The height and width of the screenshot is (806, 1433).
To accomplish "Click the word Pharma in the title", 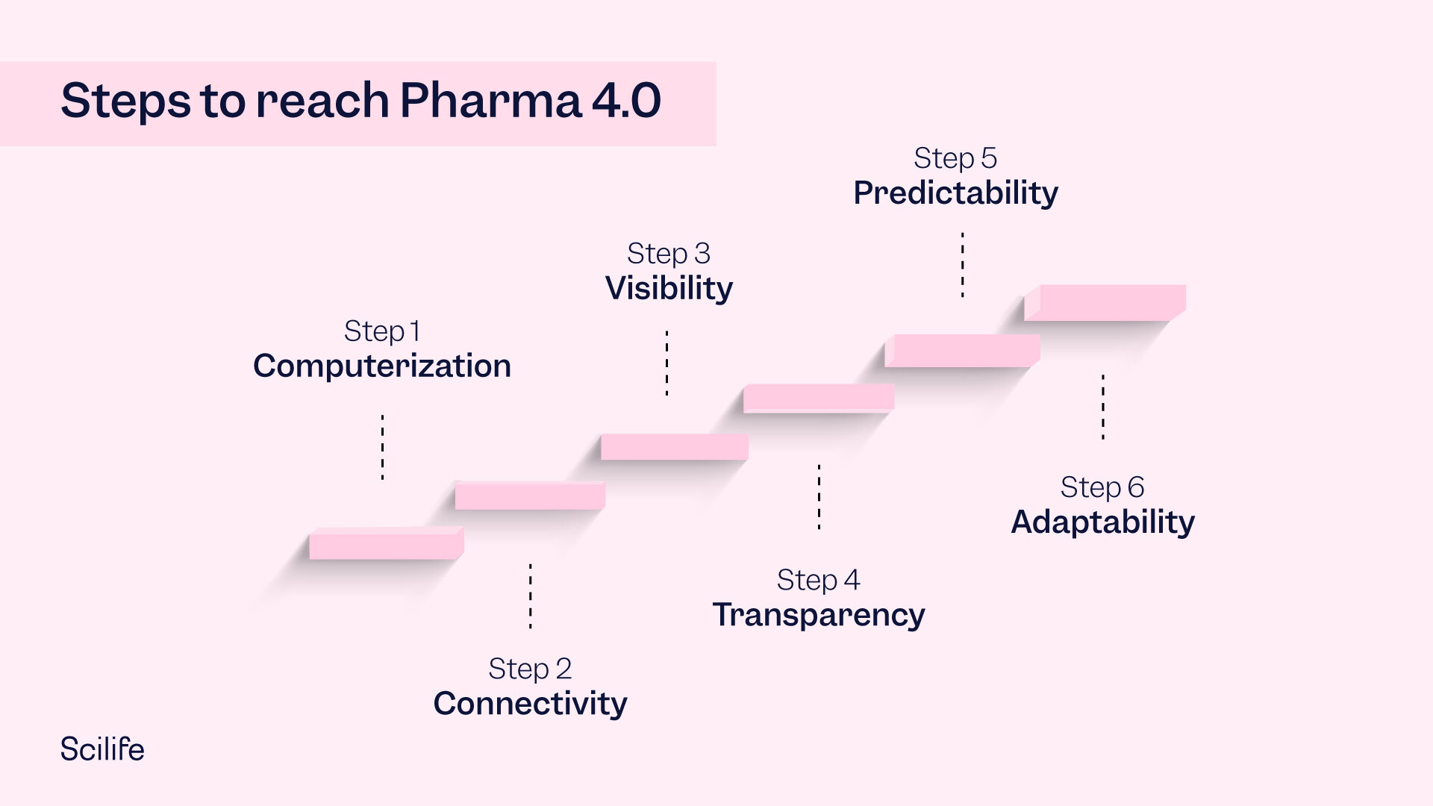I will (x=490, y=101).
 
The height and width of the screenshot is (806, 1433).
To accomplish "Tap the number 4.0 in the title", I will (x=626, y=101).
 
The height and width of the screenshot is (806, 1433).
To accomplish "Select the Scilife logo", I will (x=102, y=749).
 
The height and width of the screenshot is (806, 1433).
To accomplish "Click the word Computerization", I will (x=382, y=366).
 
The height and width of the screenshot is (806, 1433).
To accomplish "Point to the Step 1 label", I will (x=382, y=331).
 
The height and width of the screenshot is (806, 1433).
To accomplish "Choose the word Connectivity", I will (x=530, y=703).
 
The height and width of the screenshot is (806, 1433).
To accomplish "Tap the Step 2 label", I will (x=530, y=668).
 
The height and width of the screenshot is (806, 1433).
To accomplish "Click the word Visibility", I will (x=669, y=288).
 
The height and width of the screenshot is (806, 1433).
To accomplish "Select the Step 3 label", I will (x=669, y=254).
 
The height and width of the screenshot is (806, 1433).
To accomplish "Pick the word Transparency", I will (x=819, y=615).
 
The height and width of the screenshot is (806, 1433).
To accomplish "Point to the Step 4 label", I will (x=819, y=580).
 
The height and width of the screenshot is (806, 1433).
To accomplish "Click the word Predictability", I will (x=955, y=193).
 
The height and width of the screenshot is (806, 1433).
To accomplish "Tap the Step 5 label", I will (x=955, y=158).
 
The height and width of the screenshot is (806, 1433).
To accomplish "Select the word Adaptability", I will (x=1102, y=522).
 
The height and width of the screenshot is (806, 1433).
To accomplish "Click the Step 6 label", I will (x=1102, y=487).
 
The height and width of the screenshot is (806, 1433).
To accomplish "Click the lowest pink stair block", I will (x=385, y=545).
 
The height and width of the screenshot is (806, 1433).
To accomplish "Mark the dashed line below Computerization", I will (x=383, y=447).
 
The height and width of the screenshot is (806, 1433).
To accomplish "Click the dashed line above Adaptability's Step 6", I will (x=1103, y=407).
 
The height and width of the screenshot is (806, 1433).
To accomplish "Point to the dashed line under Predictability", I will (x=963, y=265).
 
